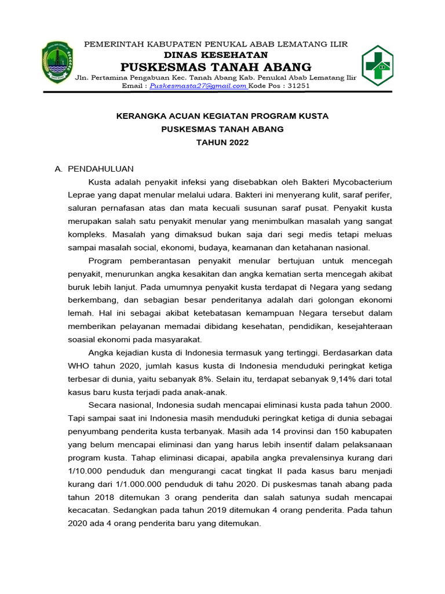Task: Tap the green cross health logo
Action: point(378,64)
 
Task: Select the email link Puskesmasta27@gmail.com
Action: point(198,85)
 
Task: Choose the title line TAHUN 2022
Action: point(222,143)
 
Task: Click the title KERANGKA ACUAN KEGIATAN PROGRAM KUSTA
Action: point(222,116)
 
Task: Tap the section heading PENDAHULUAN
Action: point(101,169)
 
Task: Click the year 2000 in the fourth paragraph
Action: point(382,404)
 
